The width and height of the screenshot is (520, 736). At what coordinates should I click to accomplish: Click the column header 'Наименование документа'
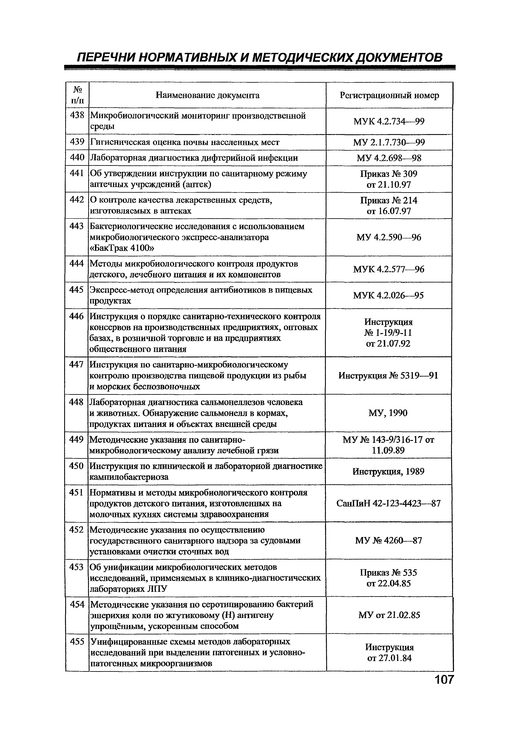(208, 95)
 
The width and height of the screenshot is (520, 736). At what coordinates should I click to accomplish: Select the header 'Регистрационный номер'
(389, 95)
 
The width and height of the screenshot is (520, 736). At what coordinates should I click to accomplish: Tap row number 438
(77, 115)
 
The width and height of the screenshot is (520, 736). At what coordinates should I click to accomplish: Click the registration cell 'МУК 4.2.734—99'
(389, 122)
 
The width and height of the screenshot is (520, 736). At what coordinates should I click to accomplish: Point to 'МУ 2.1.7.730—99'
(389, 142)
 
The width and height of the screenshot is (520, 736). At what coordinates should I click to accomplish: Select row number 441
(77, 173)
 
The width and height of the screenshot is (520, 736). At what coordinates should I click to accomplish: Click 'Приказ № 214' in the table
(389, 200)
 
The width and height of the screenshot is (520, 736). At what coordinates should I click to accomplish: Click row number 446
(77, 316)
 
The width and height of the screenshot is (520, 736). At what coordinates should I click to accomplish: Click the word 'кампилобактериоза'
(129, 477)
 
